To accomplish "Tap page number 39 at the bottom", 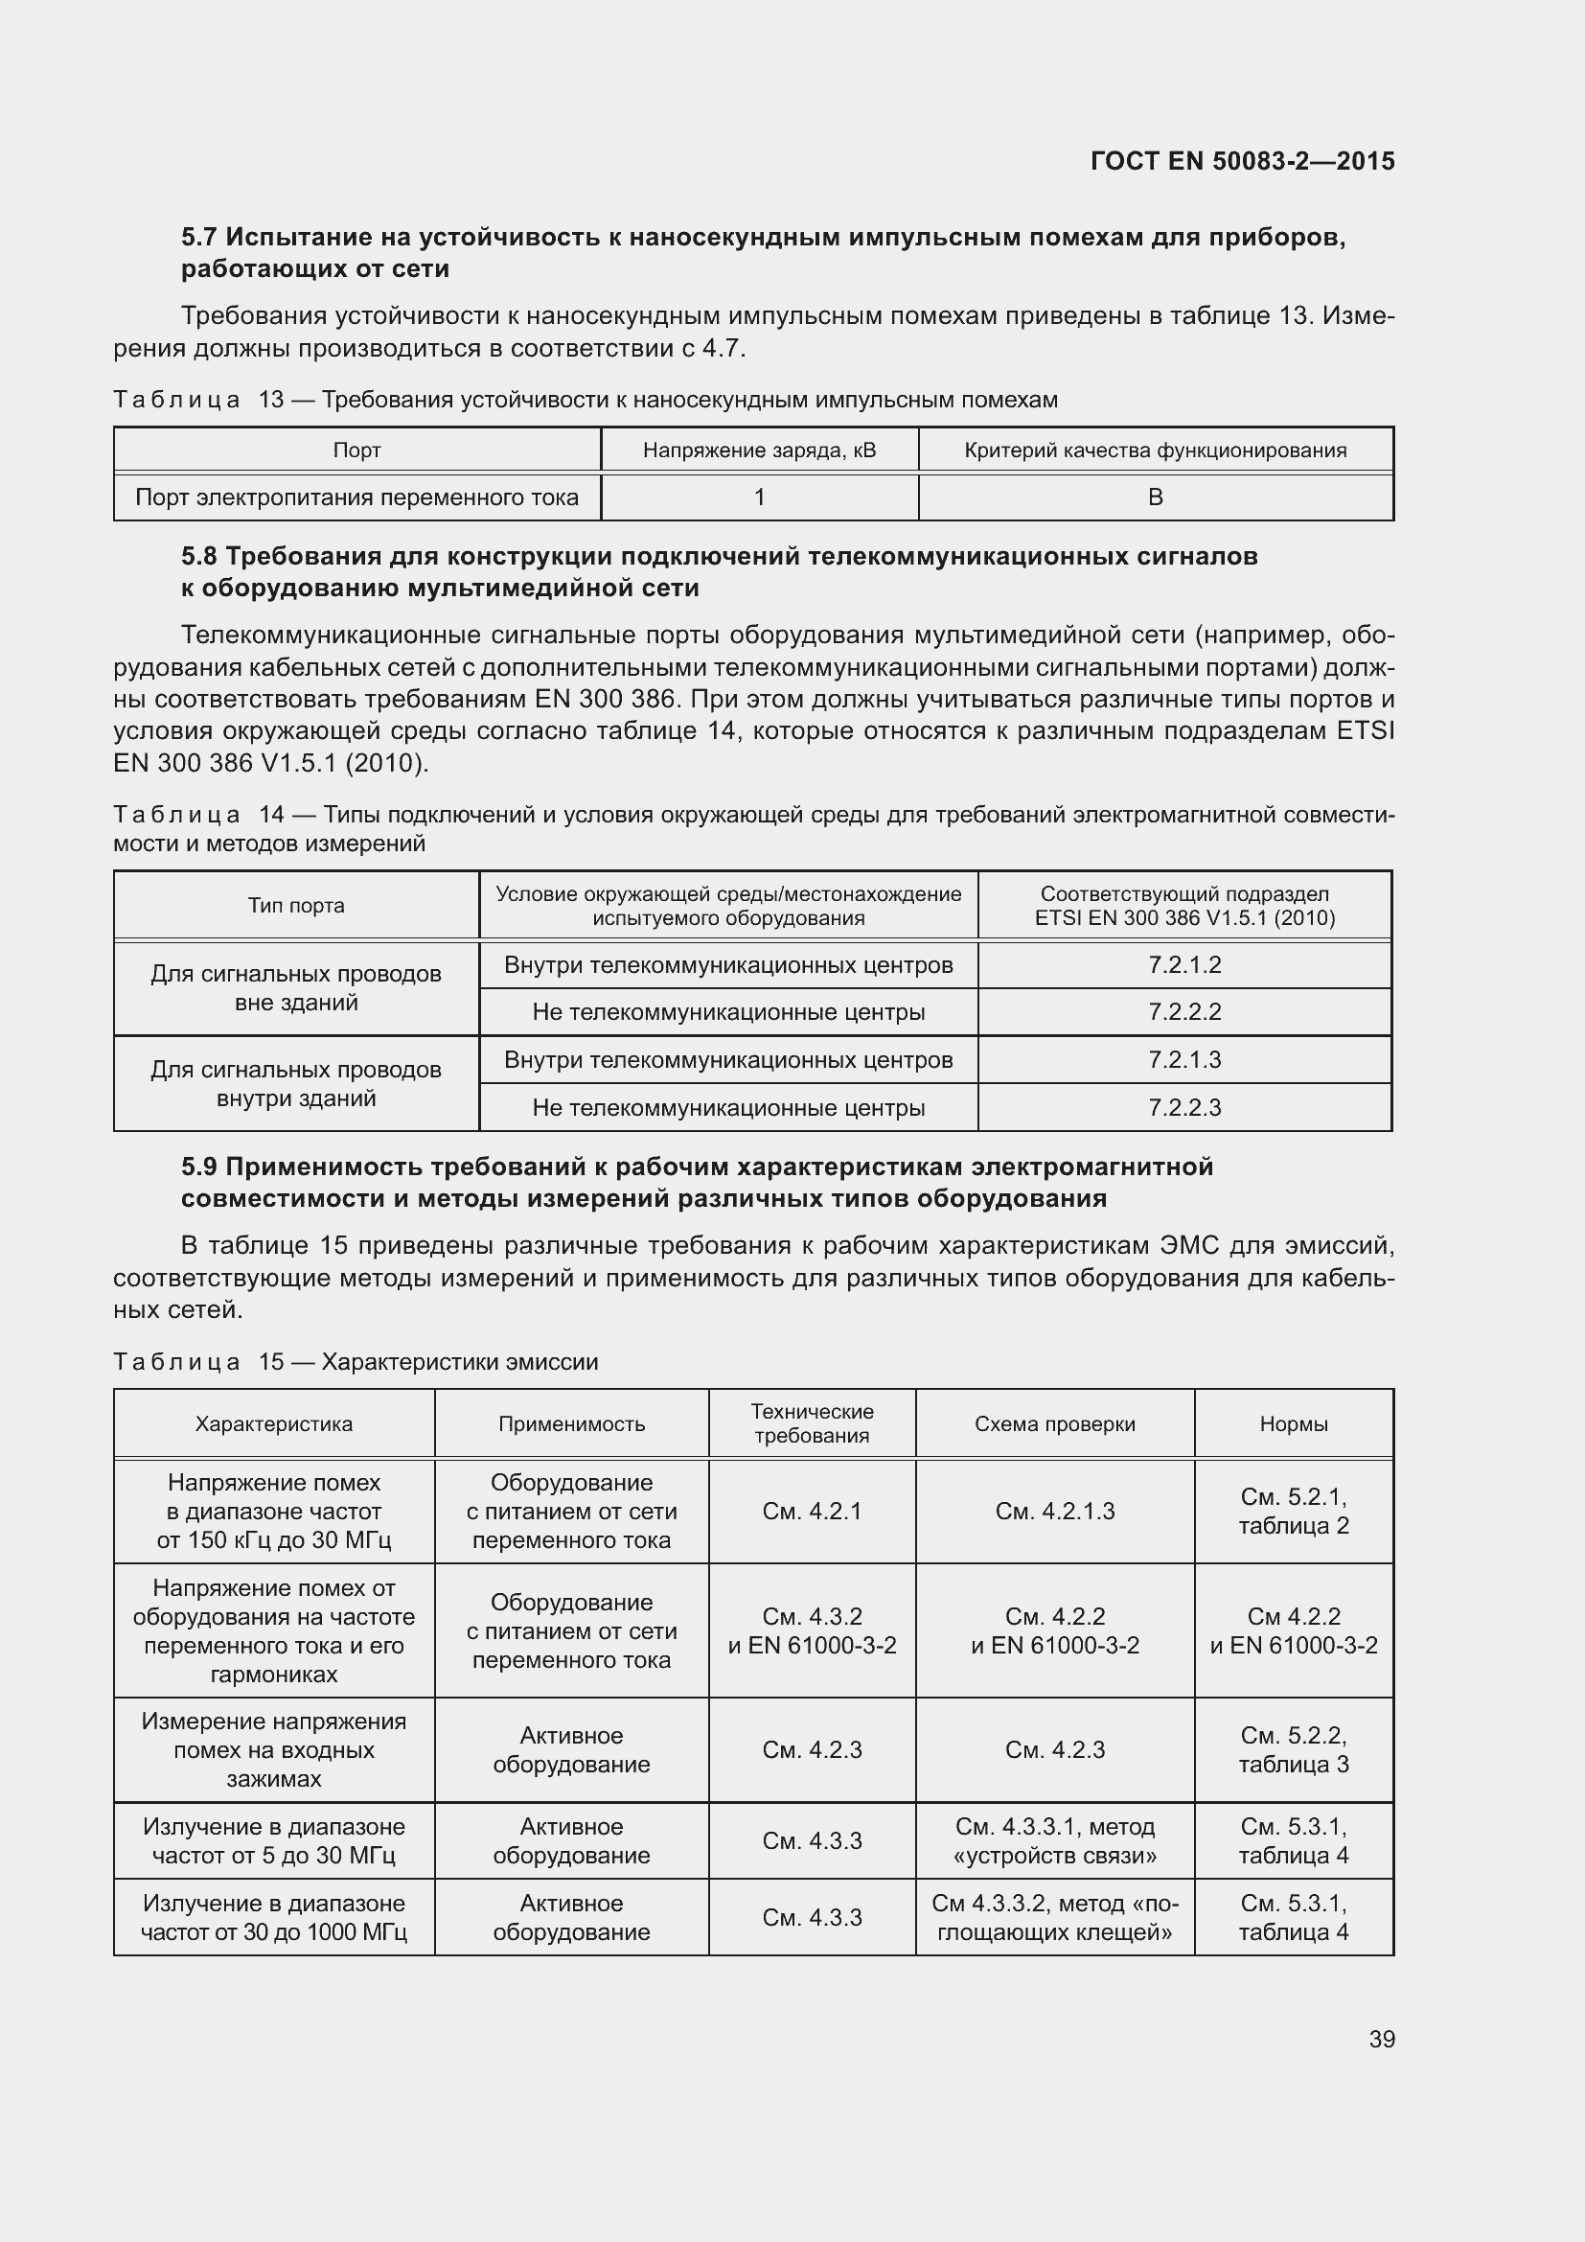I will (1381, 2039).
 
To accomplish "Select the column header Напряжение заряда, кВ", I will (759, 451).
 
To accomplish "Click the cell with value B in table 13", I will (1155, 497).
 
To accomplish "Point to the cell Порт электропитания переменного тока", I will (356, 498).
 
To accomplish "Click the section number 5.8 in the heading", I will (199, 557).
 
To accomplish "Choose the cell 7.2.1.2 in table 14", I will (1183, 965).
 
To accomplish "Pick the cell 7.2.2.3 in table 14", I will (1183, 1107).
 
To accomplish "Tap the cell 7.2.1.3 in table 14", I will (1183, 1059).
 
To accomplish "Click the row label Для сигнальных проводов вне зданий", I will (296, 988).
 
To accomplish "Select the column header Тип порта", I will (296, 905).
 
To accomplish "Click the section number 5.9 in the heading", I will (199, 1167).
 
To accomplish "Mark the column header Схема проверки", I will (1054, 1423).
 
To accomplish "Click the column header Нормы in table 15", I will (1293, 1423).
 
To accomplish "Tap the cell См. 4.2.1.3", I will (1054, 1511).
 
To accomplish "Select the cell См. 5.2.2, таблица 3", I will (1293, 1749).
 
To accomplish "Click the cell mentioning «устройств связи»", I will (1054, 1840).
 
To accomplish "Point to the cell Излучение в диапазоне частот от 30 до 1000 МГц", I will (273, 1917).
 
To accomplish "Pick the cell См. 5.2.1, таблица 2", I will (1293, 1511).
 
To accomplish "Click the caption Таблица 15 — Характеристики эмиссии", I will (356, 1361).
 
